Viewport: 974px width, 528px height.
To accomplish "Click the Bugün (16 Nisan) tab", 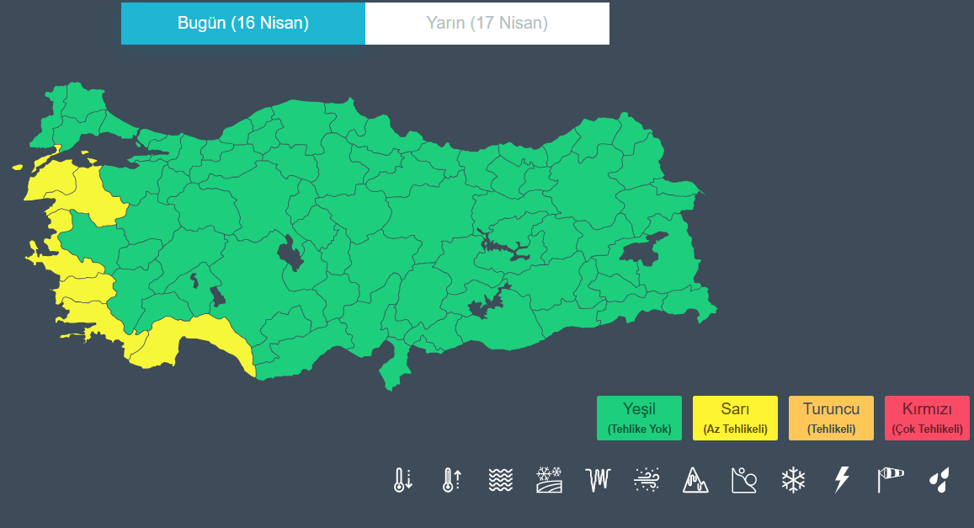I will tap(243, 24).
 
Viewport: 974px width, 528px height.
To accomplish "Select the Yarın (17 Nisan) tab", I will tap(487, 24).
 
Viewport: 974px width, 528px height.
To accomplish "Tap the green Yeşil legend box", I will tap(639, 418).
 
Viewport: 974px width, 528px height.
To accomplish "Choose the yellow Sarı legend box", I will tap(735, 418).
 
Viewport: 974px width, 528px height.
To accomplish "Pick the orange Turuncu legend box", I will tap(831, 418).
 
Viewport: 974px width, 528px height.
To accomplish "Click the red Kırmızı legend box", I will tap(927, 418).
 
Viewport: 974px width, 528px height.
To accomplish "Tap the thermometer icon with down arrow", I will tap(402, 480).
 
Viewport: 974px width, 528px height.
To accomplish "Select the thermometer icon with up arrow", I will tap(451, 480).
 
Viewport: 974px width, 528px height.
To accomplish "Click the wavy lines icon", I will tap(500, 480).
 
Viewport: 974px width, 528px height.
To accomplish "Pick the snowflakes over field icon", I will tap(549, 480).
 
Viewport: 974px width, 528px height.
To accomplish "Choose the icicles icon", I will tap(598, 480).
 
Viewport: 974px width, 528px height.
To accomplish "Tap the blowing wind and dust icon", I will tap(647, 480).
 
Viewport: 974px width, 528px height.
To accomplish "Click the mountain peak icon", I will tap(695, 480).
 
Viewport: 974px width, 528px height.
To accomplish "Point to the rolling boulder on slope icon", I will tap(744, 480).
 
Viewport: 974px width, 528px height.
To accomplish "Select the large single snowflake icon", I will tap(793, 480).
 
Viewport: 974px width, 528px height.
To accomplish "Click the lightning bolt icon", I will tap(841, 480).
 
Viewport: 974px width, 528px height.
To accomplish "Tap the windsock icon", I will tap(890, 480).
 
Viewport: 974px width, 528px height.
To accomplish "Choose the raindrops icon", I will tap(939, 480).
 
